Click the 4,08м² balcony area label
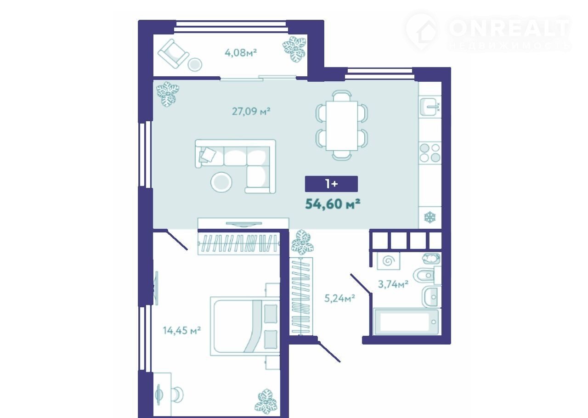pos(240,53)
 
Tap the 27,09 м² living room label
pos(251,111)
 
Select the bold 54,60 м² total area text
pos(332,204)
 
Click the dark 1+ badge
pos(331,184)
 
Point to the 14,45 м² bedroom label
pos(182,330)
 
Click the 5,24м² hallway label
pos(339,298)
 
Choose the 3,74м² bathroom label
pos(393,284)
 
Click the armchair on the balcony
pos(173,54)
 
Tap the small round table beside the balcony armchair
pos(195,64)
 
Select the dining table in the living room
pos(342,125)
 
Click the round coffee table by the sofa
pos(221,182)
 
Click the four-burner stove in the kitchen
pos(430,153)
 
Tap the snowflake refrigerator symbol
pos(430,217)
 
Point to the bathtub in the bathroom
pos(406,322)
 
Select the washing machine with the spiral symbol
pos(389,261)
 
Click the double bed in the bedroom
pos(244,327)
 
